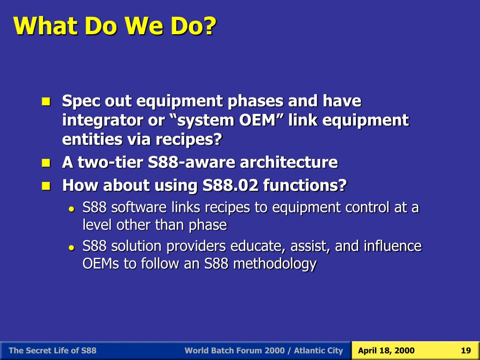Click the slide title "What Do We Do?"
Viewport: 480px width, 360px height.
[115, 25]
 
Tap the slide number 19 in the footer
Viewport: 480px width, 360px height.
[465, 351]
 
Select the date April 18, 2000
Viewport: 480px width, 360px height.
[386, 351]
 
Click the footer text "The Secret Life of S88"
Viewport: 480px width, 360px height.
[52, 351]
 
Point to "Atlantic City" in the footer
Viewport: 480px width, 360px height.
[318, 351]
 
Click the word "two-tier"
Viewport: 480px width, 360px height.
[110, 162]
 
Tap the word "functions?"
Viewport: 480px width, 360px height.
[305, 185]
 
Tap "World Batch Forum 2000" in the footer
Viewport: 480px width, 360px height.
[234, 351]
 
